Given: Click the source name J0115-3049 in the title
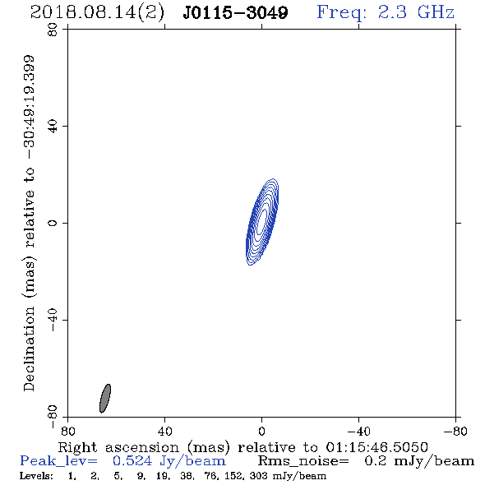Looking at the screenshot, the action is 235,12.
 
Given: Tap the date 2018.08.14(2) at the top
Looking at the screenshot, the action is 97,13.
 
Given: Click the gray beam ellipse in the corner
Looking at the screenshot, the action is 105,399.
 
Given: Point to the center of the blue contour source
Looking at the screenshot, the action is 262,222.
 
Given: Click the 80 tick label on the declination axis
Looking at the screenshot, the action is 53,30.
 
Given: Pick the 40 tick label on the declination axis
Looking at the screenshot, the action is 53,127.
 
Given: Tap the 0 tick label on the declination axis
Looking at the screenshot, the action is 53,223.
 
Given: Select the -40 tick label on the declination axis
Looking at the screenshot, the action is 53,320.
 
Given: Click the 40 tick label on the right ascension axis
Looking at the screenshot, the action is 164,432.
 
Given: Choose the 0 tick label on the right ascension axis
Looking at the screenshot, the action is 261,432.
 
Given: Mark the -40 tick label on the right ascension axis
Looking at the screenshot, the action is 358,432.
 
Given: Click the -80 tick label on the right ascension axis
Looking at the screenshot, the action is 455,432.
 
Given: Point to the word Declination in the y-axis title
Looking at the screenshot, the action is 29,349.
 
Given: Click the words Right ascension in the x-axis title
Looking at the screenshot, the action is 118,447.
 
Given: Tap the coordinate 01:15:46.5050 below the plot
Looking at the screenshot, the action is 377,447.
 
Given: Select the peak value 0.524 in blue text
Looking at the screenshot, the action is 132,461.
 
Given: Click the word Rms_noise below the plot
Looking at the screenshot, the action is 303,461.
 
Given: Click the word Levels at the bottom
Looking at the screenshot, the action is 36,475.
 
